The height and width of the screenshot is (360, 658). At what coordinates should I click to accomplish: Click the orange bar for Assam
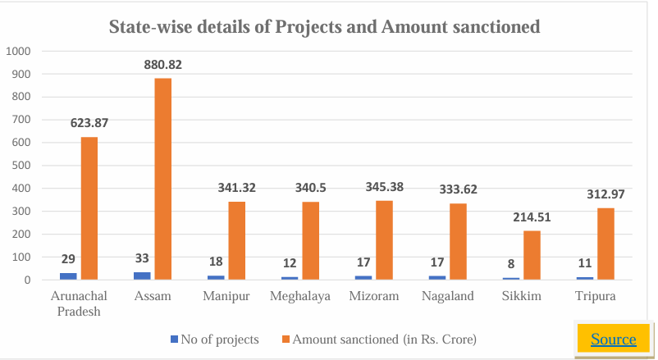click(162, 179)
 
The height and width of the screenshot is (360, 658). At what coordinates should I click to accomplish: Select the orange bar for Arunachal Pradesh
click(89, 208)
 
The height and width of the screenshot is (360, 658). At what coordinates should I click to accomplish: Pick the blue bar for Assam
click(142, 276)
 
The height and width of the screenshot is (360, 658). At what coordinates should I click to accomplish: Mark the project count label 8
click(510, 263)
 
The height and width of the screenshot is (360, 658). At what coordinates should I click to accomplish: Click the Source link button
click(613, 339)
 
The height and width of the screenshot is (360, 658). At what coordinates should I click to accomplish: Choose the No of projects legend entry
click(216, 339)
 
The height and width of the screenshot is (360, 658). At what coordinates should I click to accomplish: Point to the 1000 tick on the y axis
click(18, 51)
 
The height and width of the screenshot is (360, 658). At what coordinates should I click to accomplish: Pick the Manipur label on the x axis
click(226, 296)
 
